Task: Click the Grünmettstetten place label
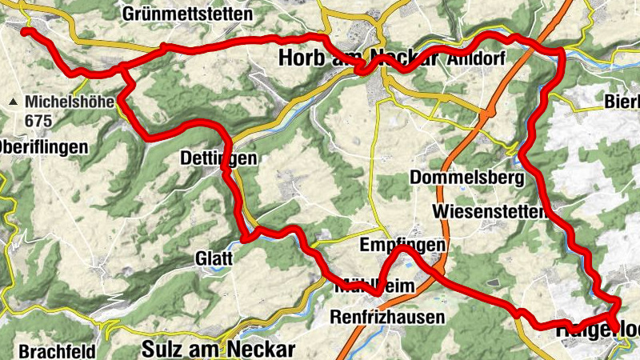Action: tap(188, 14)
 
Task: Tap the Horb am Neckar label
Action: tap(359, 58)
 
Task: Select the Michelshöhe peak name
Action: tap(71, 102)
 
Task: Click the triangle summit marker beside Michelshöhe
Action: tap(14, 102)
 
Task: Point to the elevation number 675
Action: tap(38, 119)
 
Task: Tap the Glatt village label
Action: tap(214, 258)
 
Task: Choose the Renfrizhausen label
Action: tap(387, 318)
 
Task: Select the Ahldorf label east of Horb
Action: tap(478, 59)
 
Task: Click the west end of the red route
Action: tap(25, 31)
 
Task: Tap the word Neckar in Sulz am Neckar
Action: tap(263, 349)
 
